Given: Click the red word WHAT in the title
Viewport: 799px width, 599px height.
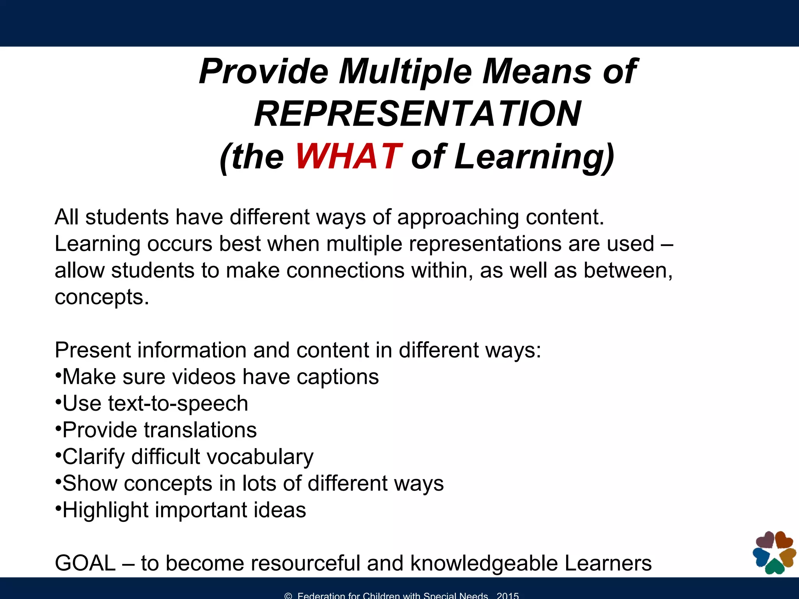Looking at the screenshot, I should (348, 157).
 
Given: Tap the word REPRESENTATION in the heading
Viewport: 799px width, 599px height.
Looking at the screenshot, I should (417, 114).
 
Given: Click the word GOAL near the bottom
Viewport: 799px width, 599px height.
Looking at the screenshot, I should (85, 563).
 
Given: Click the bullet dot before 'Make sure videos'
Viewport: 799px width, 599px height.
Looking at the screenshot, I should (58, 376).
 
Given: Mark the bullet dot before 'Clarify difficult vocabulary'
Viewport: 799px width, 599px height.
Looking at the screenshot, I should (58, 456).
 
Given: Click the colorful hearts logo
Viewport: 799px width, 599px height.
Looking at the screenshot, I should (774, 552).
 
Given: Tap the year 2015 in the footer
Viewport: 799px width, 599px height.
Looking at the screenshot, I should (508, 595).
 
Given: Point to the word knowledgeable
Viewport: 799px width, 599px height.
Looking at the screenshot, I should (484, 564).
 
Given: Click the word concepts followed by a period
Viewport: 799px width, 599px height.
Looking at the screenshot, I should (102, 298).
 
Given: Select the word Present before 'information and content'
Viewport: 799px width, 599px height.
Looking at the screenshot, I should (92, 350).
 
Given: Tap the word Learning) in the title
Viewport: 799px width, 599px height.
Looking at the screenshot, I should (534, 157).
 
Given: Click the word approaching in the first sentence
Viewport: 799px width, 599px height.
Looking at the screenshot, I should (458, 217).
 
